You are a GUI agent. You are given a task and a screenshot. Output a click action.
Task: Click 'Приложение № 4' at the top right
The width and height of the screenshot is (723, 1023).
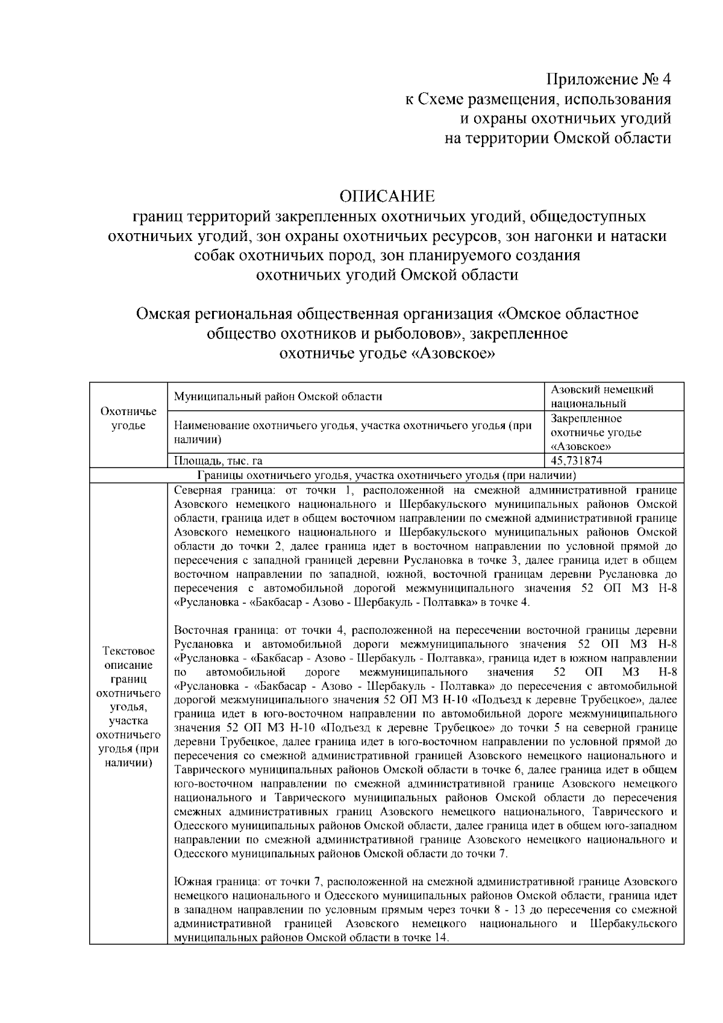(608, 80)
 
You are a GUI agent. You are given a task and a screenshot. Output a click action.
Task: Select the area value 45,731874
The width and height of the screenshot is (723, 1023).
(577, 461)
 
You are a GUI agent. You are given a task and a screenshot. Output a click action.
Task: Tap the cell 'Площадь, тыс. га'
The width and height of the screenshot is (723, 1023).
(218, 461)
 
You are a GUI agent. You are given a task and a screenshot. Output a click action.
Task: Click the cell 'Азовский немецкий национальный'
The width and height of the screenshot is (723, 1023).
(602, 396)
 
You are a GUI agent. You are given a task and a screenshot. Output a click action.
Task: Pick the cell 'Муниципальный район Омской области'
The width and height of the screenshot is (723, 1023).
(278, 396)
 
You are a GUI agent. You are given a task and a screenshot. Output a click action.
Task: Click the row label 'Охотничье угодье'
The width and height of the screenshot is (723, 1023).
(128, 419)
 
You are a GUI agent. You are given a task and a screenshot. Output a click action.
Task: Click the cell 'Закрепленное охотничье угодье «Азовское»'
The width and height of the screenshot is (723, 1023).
(596, 433)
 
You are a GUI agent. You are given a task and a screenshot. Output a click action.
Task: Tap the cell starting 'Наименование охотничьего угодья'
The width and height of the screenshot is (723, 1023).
(352, 433)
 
